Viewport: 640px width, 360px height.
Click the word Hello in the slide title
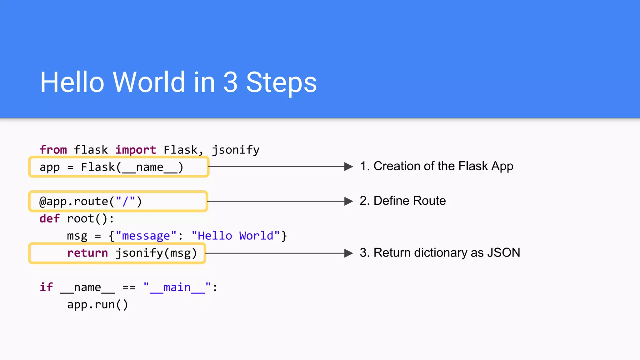pos(72,82)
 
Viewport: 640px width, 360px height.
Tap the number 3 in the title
pos(231,82)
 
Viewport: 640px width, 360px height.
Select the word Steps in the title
pos(281,83)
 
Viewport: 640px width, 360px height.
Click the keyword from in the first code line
pos(53,150)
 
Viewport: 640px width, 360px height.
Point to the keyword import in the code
pos(136,150)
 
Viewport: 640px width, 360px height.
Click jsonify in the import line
pos(236,150)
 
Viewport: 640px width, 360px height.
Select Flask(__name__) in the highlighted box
pos(132,167)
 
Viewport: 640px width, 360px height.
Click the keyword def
pos(49,218)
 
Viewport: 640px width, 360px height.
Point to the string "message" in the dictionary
pos(146,236)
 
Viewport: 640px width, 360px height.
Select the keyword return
pos(87,253)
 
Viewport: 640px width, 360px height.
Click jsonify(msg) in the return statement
pos(156,253)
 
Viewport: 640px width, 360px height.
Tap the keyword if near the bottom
pos(46,287)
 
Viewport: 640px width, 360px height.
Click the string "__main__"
pos(177,287)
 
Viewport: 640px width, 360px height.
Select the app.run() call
pos(97,304)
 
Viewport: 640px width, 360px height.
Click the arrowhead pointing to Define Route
pos(348,201)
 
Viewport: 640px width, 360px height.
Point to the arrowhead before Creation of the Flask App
pos(348,167)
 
